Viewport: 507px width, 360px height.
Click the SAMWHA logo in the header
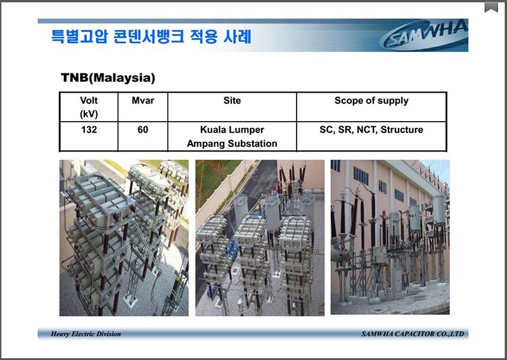(x=424, y=35)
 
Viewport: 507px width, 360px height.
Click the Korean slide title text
(x=151, y=37)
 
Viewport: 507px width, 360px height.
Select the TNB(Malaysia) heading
(x=108, y=77)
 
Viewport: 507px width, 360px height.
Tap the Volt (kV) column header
(x=89, y=107)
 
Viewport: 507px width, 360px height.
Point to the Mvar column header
(x=143, y=101)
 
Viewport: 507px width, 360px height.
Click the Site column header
(x=232, y=101)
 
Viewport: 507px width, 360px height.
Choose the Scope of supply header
(x=371, y=101)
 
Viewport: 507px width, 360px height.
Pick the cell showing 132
(x=89, y=130)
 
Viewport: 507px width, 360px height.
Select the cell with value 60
(x=143, y=130)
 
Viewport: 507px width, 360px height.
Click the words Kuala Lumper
(x=232, y=130)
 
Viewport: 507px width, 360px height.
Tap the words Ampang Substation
(x=232, y=144)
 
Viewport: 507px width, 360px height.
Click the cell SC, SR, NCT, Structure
(x=371, y=130)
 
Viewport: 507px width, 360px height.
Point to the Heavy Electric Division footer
(x=86, y=334)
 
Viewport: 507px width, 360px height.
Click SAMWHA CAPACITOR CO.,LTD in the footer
(x=413, y=334)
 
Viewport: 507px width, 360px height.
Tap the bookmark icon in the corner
(x=491, y=7)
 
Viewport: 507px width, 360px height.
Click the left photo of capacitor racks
(x=124, y=238)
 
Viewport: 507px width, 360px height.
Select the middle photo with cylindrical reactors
(x=260, y=238)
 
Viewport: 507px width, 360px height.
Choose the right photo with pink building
(x=390, y=237)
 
